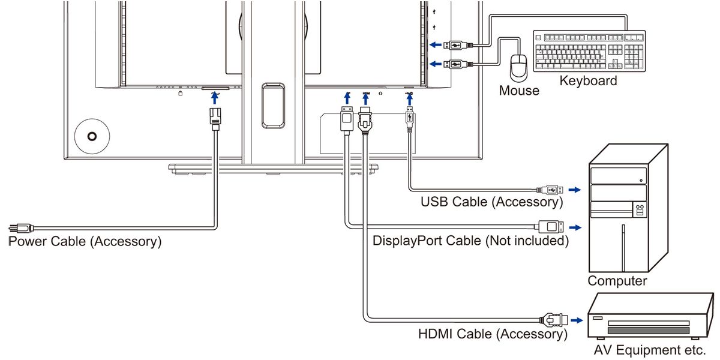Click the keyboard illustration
tap(590, 52)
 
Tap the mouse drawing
tap(517, 67)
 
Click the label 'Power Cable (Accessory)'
tap(85, 242)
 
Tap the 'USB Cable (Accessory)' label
tap(491, 202)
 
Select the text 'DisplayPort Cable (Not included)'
tap(470, 241)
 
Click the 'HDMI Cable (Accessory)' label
tap(493, 334)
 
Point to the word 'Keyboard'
tap(588, 80)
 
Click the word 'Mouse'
tap(519, 91)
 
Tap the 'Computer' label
tap(617, 281)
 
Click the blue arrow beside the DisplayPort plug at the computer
tap(575, 227)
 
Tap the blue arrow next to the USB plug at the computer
tap(575, 190)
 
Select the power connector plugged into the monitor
tap(215, 117)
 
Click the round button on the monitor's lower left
tap(91, 136)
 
